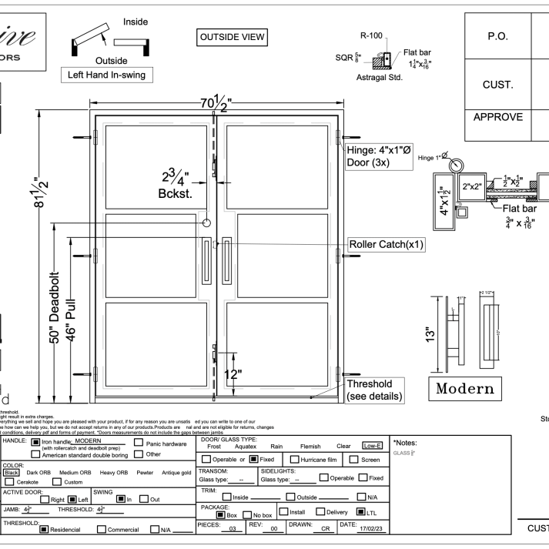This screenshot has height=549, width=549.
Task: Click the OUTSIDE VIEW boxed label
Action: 232,37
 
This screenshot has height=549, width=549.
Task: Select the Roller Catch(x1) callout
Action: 387,243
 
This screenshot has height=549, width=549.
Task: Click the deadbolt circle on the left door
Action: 206,223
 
